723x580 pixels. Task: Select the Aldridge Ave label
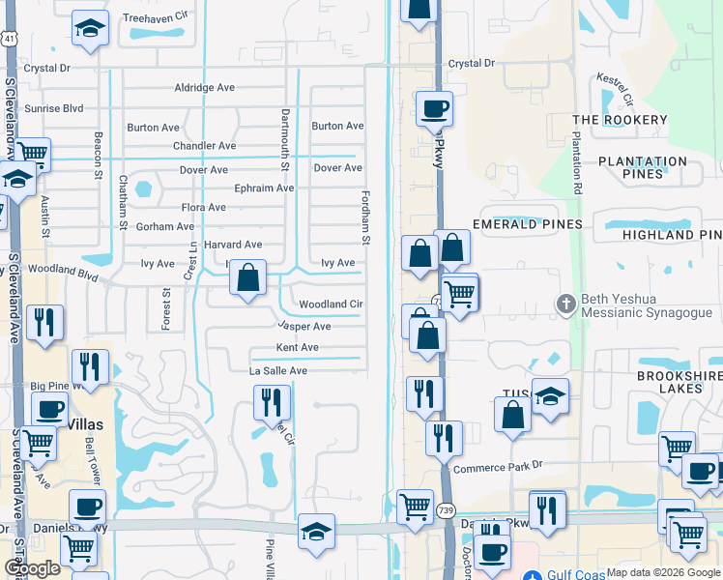point(204,87)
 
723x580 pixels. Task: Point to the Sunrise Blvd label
point(55,108)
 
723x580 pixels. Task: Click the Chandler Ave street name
point(204,146)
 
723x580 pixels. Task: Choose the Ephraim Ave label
point(264,188)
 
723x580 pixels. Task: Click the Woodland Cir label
point(331,304)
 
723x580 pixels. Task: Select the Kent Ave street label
point(297,348)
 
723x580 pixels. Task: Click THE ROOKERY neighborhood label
point(620,120)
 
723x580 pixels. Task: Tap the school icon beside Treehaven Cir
point(90,28)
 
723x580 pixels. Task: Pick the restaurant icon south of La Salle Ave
point(272,402)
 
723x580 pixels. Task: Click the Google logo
point(31,569)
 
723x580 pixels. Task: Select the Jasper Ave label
point(304,327)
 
